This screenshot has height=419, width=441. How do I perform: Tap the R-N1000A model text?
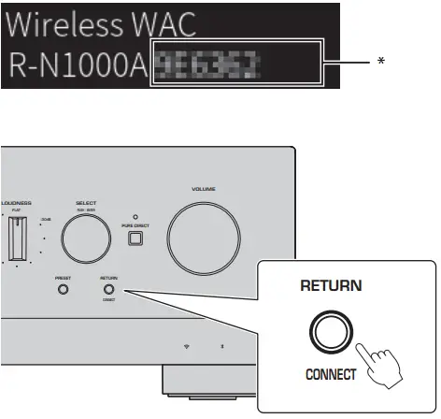click(78, 65)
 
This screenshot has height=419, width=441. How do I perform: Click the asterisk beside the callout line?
click(380, 60)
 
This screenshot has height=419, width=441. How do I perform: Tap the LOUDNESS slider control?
click(13, 242)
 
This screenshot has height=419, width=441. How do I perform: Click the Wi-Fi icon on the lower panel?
click(187, 346)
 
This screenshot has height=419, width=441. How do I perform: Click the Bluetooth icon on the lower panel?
click(221, 346)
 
